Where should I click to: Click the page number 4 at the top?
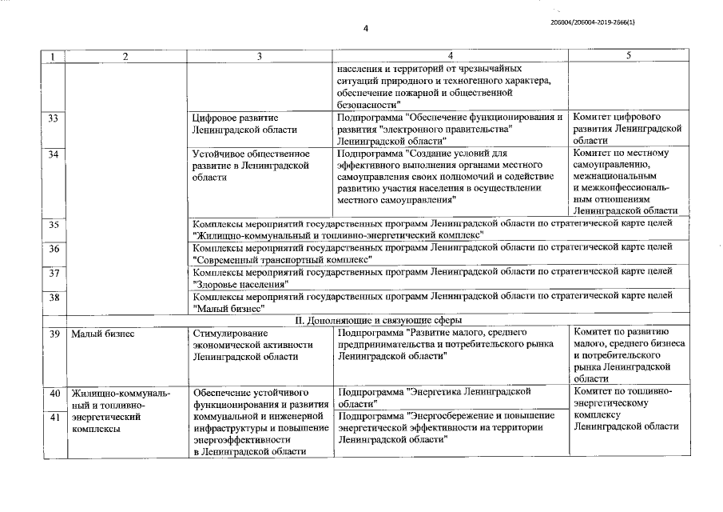click(365, 29)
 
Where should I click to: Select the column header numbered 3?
click(260, 55)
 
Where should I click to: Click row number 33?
click(53, 118)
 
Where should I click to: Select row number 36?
click(53, 249)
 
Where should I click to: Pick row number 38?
click(53, 297)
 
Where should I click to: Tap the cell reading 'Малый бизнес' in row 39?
click(100, 333)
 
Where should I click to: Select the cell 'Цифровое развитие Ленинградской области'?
click(244, 123)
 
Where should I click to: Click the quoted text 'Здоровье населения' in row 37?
click(240, 284)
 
